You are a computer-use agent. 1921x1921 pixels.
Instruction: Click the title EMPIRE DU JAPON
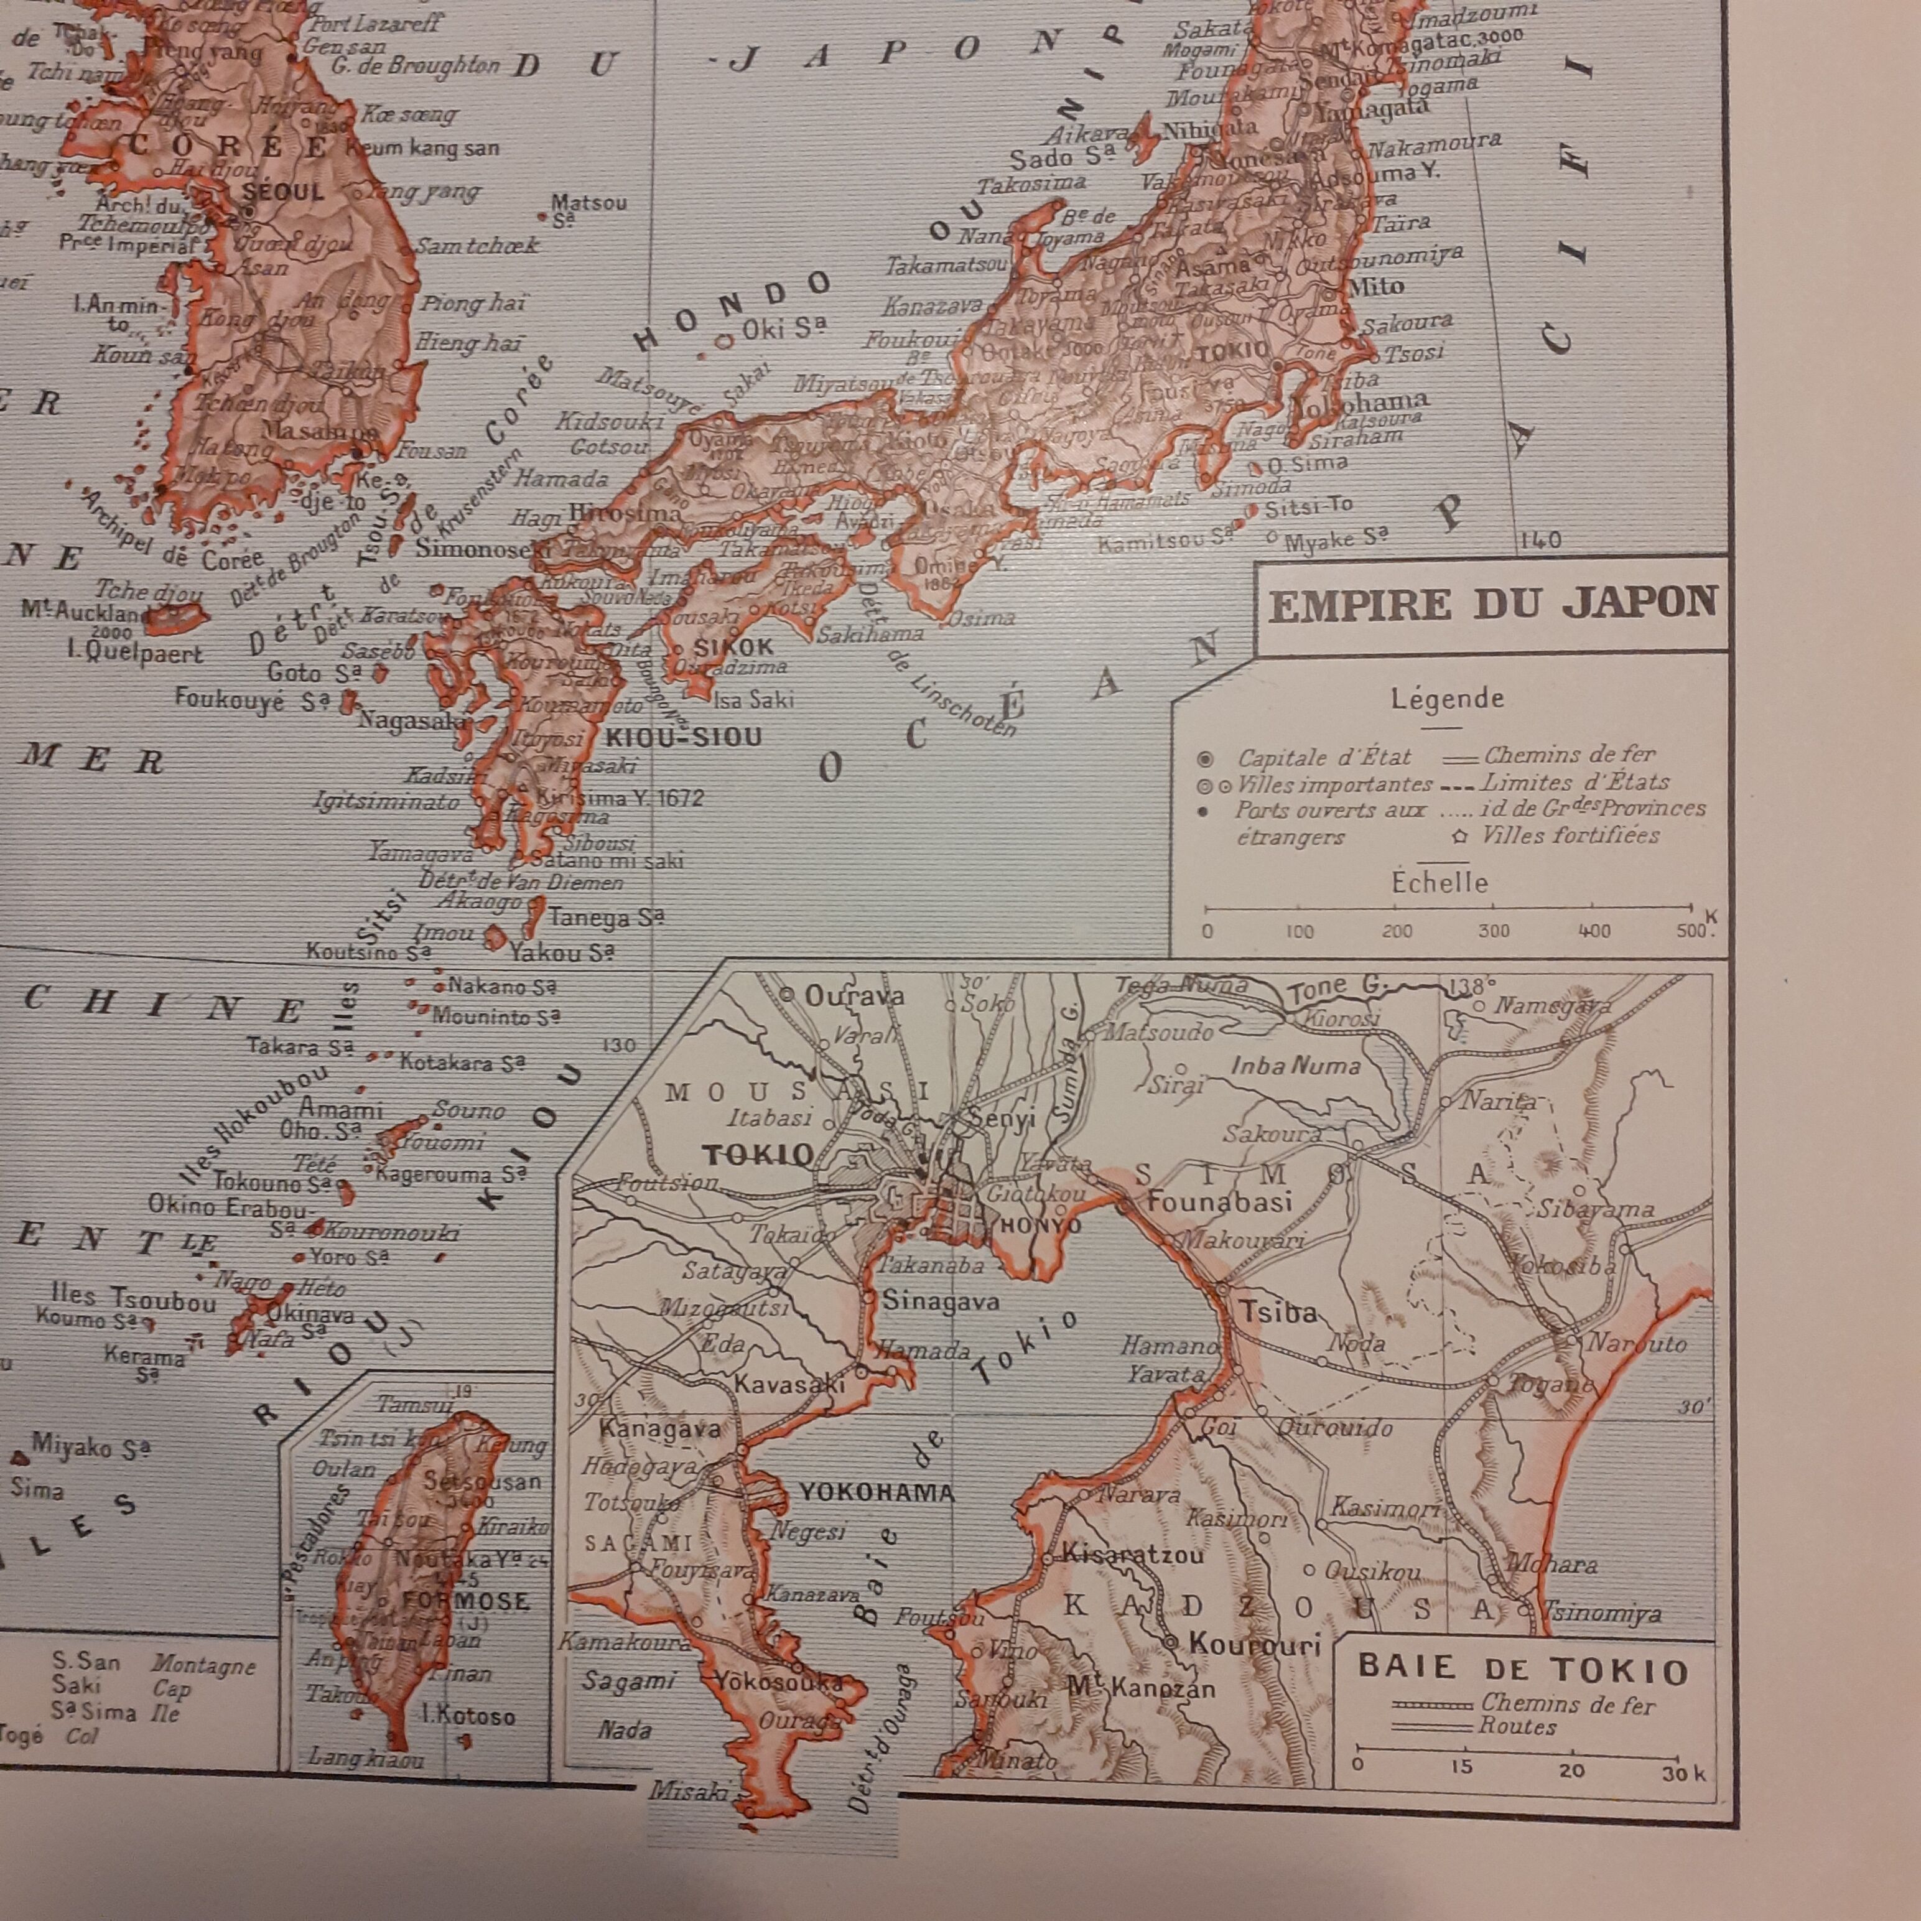coord(1492,605)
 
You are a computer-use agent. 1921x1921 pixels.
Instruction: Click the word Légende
coord(1447,699)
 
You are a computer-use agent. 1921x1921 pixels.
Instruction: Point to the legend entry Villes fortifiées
coord(1570,835)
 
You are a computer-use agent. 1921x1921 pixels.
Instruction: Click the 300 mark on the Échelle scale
coord(1494,932)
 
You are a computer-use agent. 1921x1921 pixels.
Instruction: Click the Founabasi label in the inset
coord(1219,1201)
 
